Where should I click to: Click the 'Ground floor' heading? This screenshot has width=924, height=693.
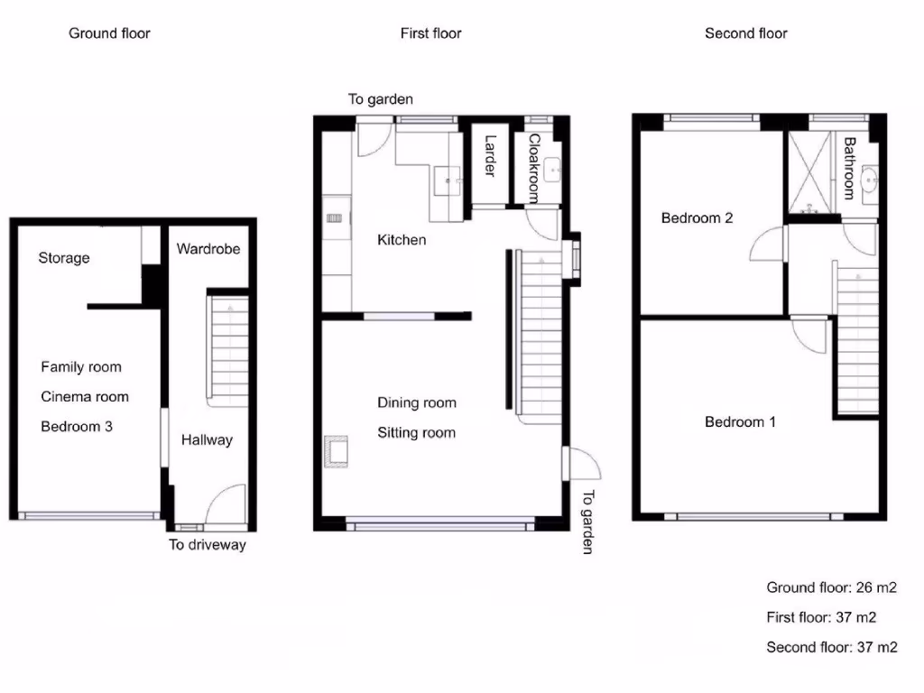tap(109, 33)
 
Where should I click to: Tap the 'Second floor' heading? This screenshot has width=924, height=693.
tap(745, 33)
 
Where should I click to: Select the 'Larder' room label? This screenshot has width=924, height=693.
tap(490, 156)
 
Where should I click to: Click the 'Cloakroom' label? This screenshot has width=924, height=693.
tap(533, 168)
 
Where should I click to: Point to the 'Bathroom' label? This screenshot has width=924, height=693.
tap(849, 168)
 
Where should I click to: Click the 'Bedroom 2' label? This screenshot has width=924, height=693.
tap(697, 217)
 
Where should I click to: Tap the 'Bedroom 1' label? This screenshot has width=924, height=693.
tap(740, 421)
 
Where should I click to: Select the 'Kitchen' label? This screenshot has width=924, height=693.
tap(402, 240)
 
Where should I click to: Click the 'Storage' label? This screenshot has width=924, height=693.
tap(64, 258)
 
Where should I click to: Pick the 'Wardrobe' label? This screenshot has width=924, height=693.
tap(208, 248)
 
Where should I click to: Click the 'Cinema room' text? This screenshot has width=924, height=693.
tap(85, 396)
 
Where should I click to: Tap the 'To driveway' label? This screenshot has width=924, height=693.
tap(208, 545)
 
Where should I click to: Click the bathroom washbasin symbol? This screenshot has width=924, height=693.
tap(870, 180)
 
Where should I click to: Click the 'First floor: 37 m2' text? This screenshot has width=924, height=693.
tap(821, 617)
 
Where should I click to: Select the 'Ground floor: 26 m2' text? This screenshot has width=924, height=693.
tap(831, 587)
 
